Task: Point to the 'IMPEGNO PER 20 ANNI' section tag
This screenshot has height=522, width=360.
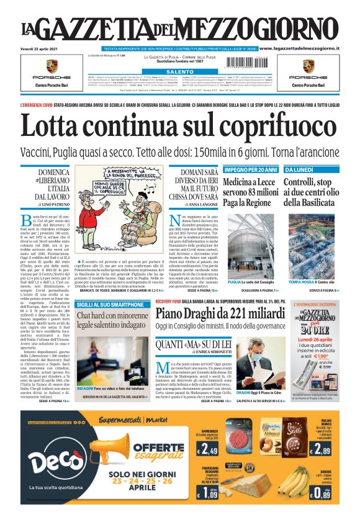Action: pyautogui.click(x=250, y=169)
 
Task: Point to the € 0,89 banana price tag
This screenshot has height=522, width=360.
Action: pyautogui.click(x=319, y=493)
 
